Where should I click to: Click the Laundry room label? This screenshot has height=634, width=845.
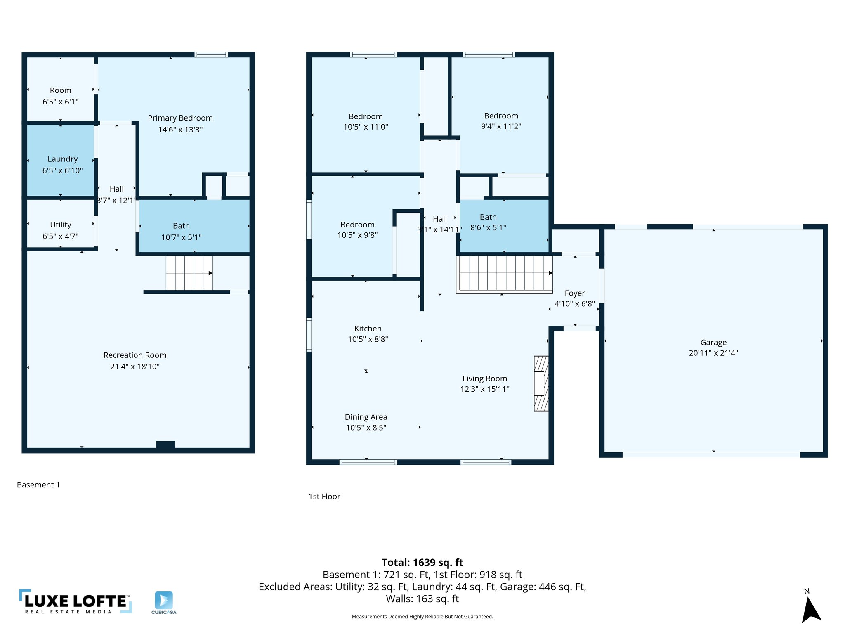(x=62, y=159)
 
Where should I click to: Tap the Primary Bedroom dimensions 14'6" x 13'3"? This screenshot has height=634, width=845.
(x=180, y=130)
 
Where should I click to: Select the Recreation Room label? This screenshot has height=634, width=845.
(x=135, y=355)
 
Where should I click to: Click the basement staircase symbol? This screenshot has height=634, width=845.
(x=189, y=273)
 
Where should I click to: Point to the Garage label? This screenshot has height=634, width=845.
(x=713, y=343)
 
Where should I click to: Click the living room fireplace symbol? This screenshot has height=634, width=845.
(x=541, y=383)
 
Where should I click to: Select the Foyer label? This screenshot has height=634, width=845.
(x=575, y=293)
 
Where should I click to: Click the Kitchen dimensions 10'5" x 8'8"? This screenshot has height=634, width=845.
(x=368, y=339)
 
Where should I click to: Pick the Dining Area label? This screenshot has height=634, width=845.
(x=366, y=417)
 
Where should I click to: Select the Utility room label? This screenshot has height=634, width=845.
(x=61, y=225)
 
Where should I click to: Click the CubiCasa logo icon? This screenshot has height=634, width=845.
(x=164, y=601)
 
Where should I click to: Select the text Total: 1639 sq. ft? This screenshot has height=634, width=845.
(x=422, y=563)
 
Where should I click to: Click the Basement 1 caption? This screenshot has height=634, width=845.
(x=38, y=485)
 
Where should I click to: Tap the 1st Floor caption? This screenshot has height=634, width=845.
(x=324, y=497)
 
